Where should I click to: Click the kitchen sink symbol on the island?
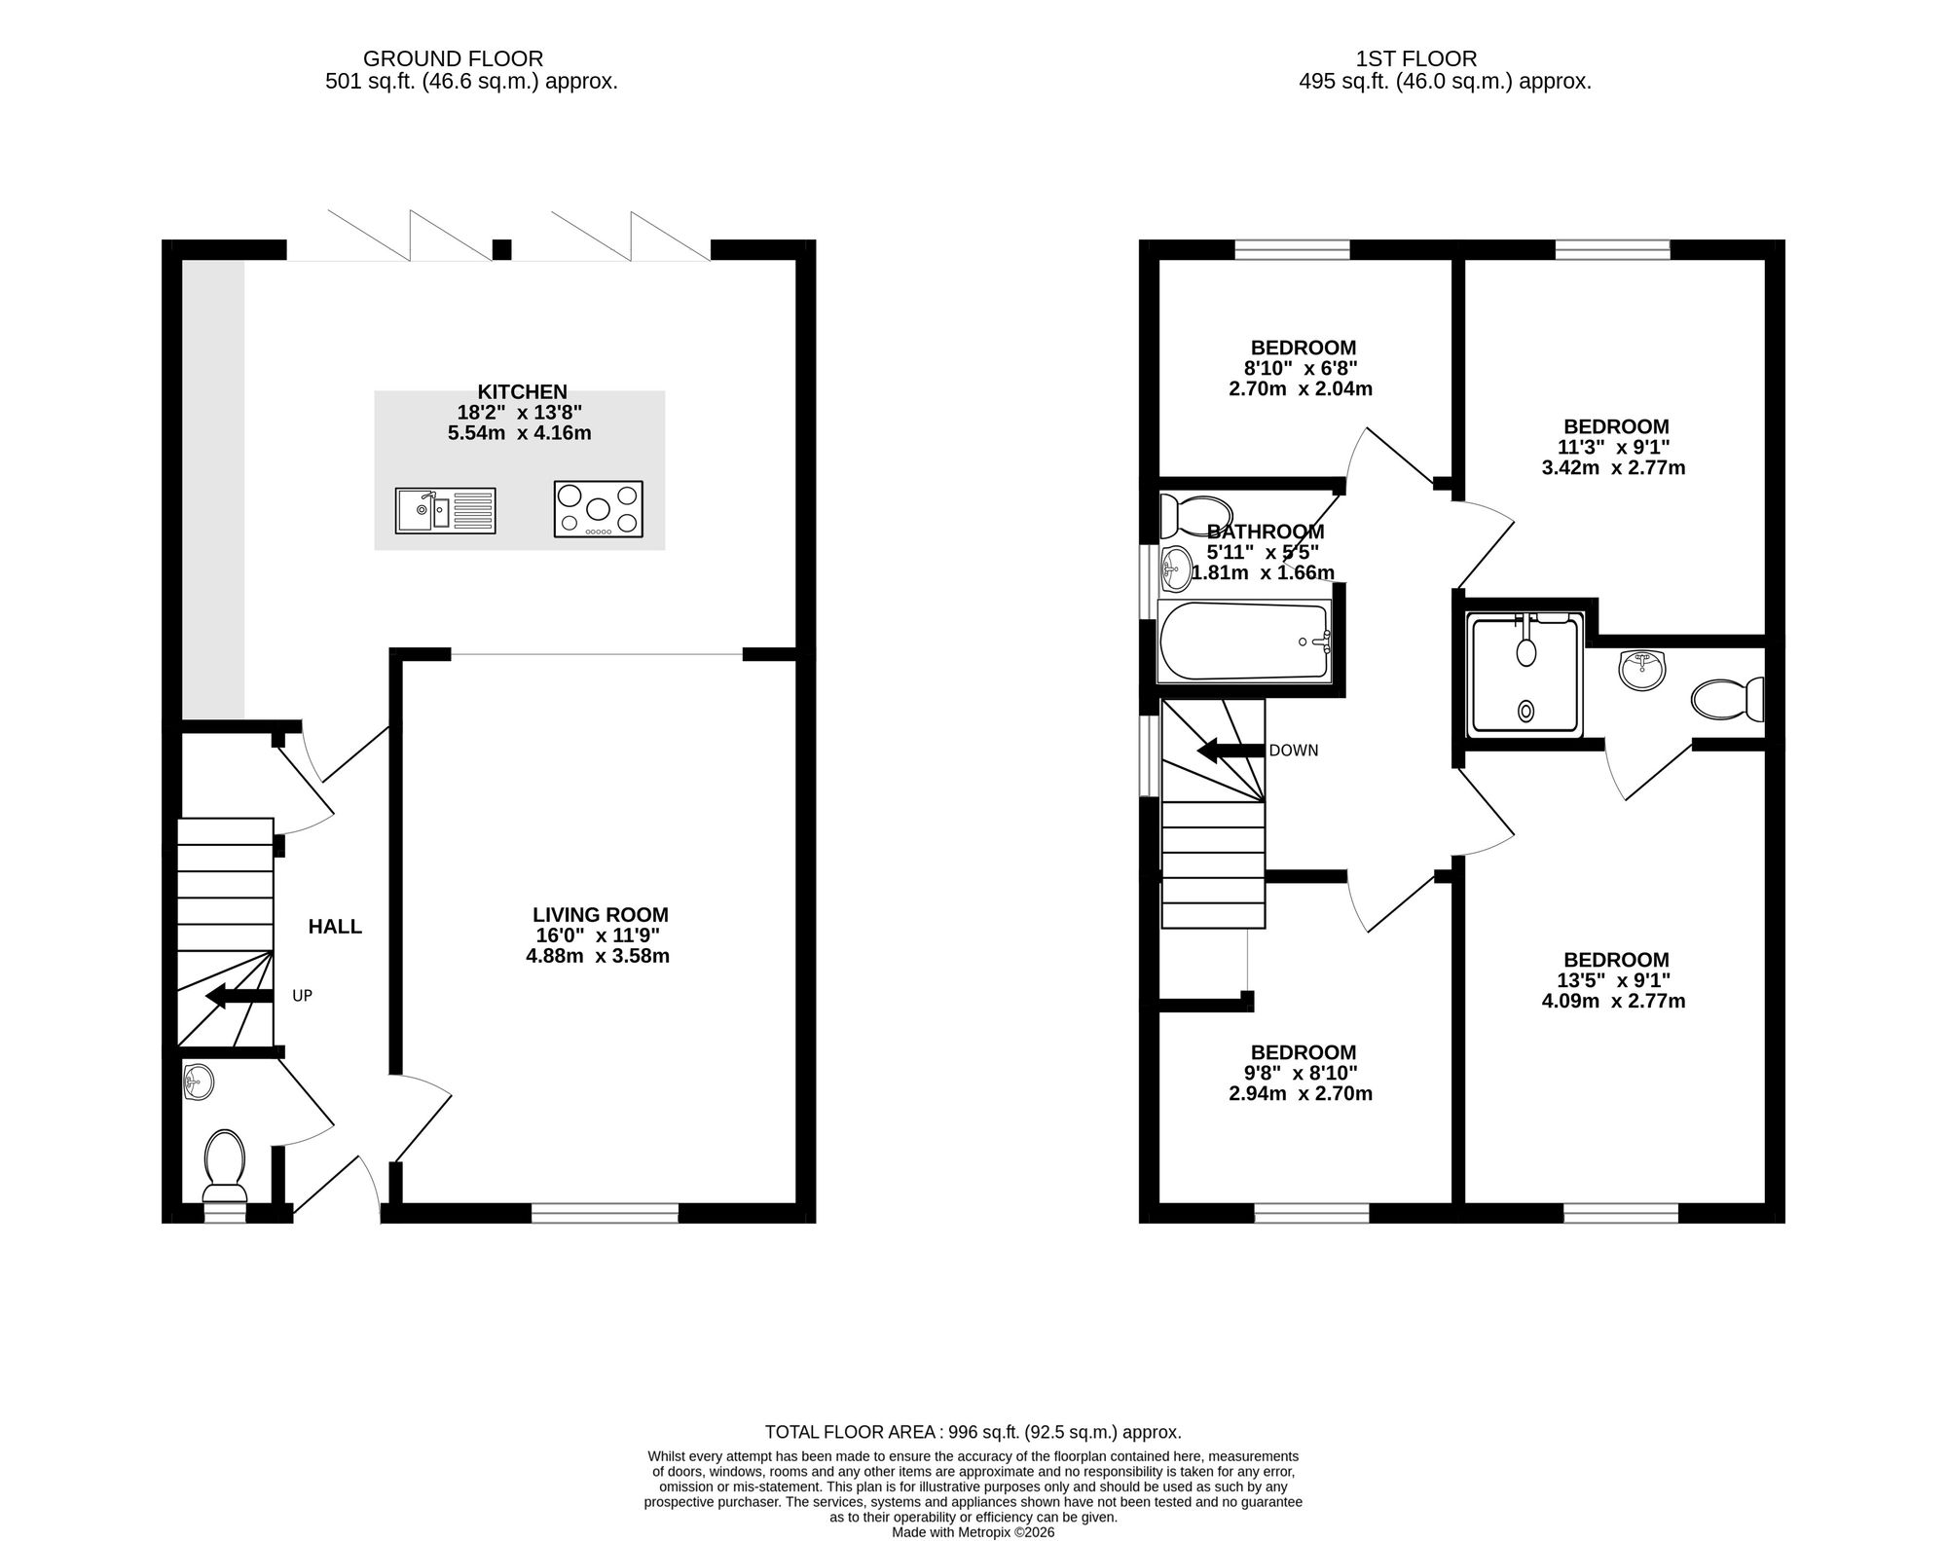click(x=445, y=511)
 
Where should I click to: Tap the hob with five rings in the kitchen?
click(x=598, y=509)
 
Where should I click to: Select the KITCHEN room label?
click(x=522, y=391)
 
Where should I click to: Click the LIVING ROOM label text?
click(x=601, y=915)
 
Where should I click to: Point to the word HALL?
click(x=335, y=927)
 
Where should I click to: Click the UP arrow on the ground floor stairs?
click(x=239, y=996)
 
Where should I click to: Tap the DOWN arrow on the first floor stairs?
click(x=1231, y=751)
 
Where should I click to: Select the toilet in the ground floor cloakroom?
click(x=224, y=1166)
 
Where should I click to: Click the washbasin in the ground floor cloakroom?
click(x=199, y=1082)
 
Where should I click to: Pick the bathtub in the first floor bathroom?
click(x=1244, y=641)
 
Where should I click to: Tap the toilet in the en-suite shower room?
click(x=1728, y=699)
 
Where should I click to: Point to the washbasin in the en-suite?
click(x=1642, y=671)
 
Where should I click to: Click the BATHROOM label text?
click(x=1266, y=532)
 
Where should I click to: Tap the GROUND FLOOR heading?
click(x=454, y=59)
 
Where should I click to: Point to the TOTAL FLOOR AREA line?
click(x=973, y=1432)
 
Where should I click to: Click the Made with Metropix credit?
click(x=973, y=1532)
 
